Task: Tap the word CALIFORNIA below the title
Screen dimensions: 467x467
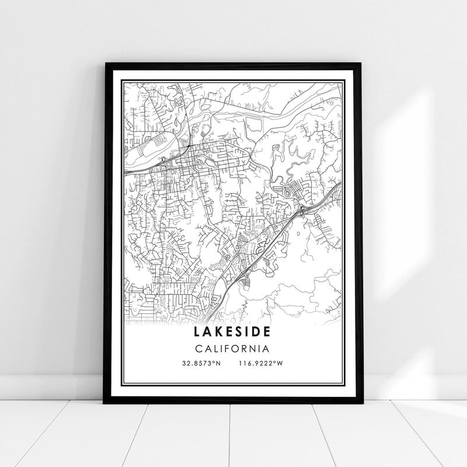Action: tap(233, 349)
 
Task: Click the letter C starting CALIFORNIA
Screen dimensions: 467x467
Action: tap(199, 349)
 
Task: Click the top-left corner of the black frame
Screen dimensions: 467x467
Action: tap(104, 60)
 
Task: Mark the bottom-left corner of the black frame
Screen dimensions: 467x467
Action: tap(104, 403)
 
